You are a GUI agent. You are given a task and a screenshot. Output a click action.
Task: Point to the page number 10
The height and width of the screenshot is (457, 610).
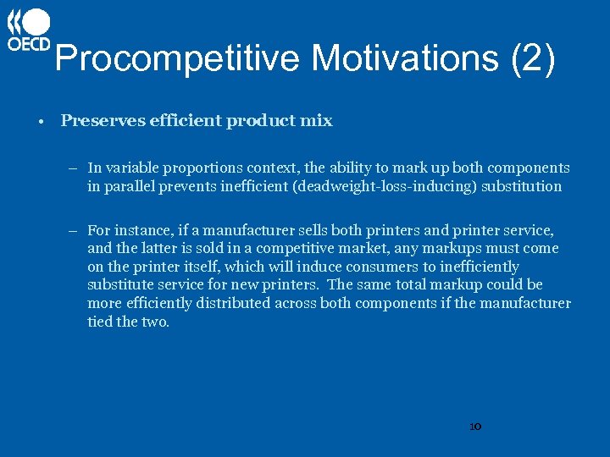coord(474,427)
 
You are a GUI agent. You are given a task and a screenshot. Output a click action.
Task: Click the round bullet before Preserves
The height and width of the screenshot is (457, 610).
coord(40,121)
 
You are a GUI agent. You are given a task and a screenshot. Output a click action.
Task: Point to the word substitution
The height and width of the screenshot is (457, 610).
coord(521,186)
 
